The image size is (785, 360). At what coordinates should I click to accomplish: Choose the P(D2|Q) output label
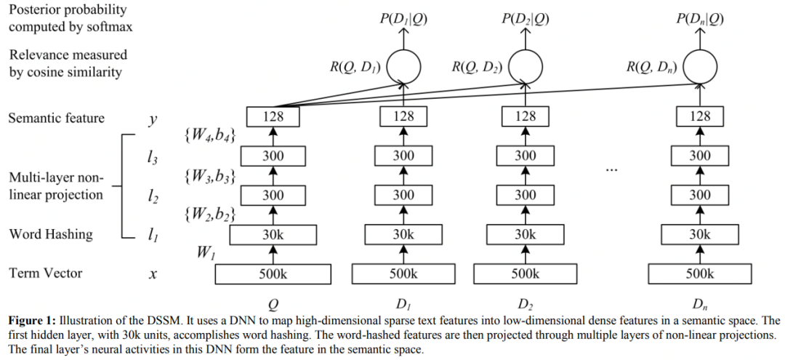tap(526, 19)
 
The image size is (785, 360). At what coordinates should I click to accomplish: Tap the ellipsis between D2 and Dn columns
tap(612, 169)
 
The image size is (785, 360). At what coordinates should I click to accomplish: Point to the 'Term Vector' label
tap(46, 273)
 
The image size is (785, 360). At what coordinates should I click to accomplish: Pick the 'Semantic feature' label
tap(57, 118)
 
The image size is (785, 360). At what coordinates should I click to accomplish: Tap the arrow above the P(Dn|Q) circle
tap(700, 39)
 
